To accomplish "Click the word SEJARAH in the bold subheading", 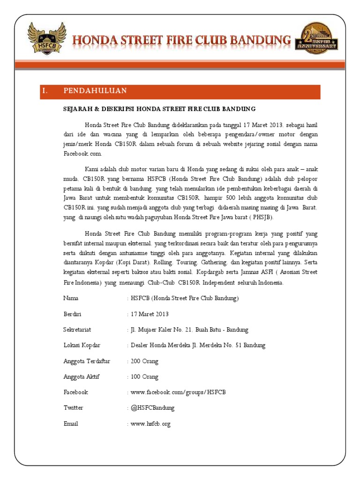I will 80,109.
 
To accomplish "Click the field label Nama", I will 71,298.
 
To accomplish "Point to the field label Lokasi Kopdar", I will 82,345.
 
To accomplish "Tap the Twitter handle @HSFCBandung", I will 152,408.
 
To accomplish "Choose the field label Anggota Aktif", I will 81,377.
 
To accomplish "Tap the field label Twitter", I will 73,408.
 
